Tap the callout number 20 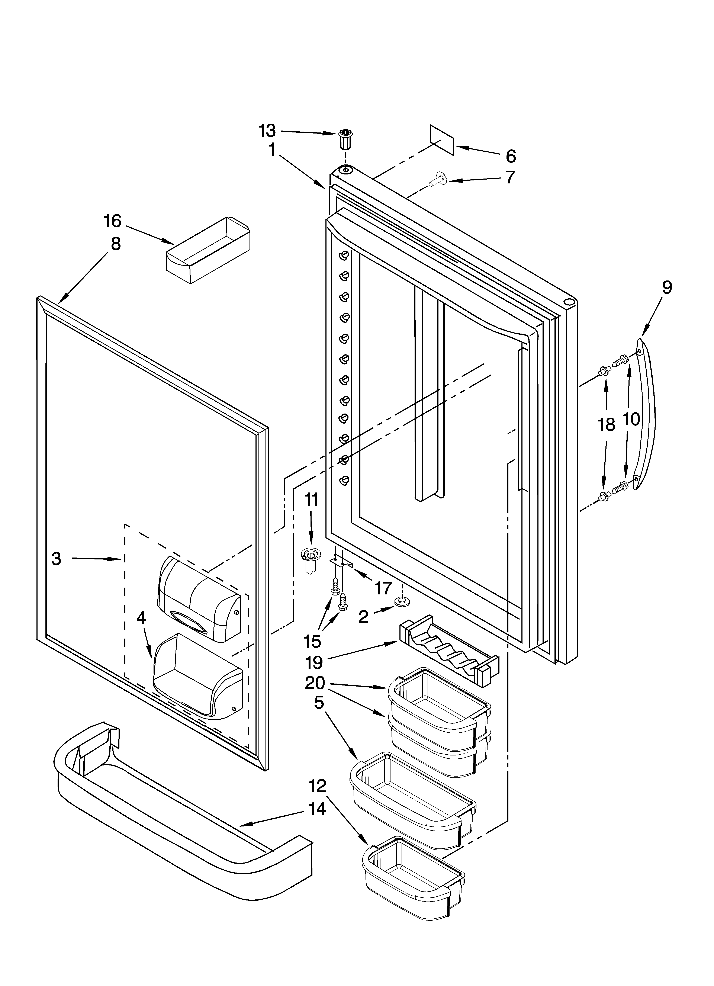coord(315,683)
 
